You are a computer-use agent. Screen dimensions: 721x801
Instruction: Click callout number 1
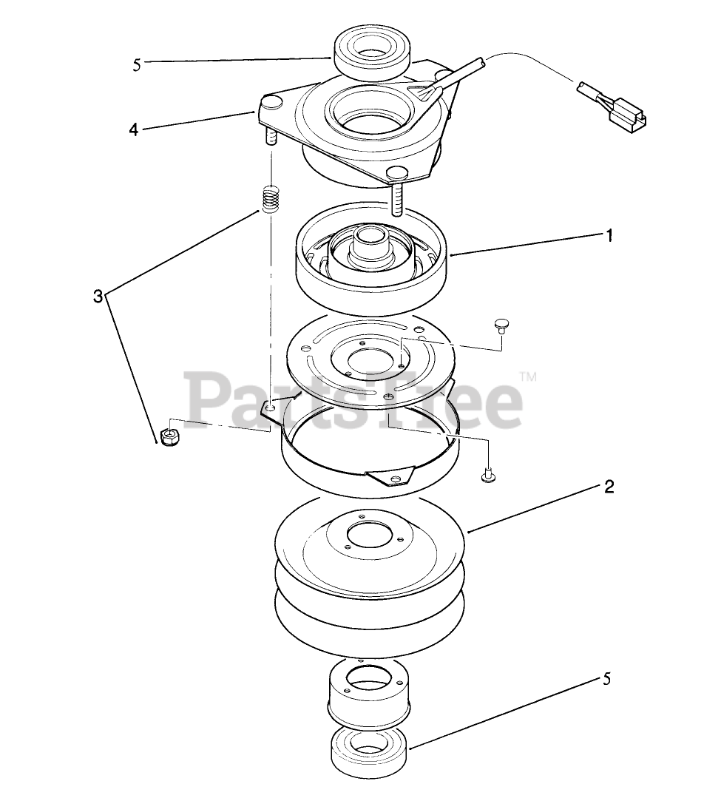(x=608, y=235)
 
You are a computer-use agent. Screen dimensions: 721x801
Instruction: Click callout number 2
(x=609, y=487)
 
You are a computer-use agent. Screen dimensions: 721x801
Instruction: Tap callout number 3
(x=98, y=296)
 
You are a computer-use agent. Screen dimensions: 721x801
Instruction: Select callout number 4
(x=133, y=129)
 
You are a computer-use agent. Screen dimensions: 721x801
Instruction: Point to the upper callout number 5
(x=136, y=65)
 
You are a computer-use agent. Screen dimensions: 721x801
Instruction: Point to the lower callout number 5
(x=606, y=680)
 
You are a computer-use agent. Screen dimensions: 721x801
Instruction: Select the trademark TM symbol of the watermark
(x=528, y=377)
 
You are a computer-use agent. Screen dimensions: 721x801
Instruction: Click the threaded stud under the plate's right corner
(x=397, y=200)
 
